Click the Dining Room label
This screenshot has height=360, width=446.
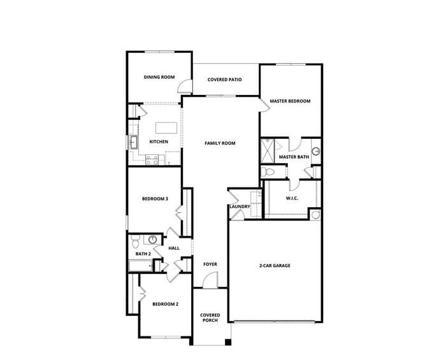[x=159, y=77]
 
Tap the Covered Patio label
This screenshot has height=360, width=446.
[x=225, y=80]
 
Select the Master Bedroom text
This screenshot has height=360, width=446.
[x=290, y=101]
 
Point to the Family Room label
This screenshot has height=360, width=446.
[x=220, y=143]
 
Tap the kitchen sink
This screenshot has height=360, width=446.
[x=134, y=143]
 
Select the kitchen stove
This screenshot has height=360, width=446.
[x=152, y=161]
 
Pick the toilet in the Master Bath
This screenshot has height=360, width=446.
[x=268, y=172]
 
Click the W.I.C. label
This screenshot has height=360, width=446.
[x=292, y=198]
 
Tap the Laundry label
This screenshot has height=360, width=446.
[x=239, y=206]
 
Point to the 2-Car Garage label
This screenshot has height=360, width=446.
[x=275, y=265]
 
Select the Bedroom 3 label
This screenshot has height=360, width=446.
[x=155, y=199]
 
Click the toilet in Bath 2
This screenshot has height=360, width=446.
[x=135, y=243]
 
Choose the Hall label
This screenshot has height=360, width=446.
[x=174, y=248]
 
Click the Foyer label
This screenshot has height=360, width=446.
[x=210, y=264]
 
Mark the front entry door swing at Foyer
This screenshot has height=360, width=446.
[x=212, y=280]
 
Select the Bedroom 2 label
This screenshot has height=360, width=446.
[x=165, y=304]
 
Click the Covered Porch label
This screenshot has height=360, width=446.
[x=210, y=317]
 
